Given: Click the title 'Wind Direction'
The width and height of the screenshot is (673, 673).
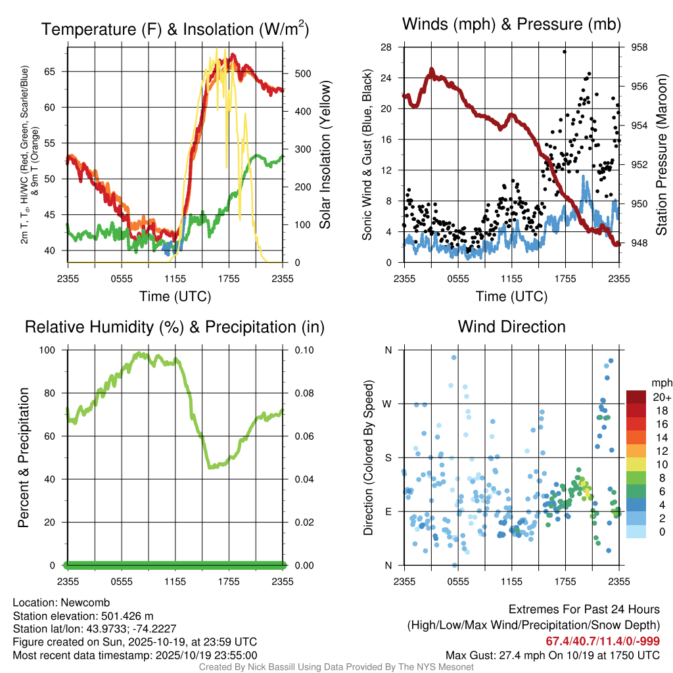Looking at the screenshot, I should coord(511,327).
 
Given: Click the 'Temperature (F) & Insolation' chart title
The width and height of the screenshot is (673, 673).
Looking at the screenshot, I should coord(175,30).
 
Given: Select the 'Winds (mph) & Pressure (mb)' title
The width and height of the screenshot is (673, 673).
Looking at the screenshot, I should coord(511,24).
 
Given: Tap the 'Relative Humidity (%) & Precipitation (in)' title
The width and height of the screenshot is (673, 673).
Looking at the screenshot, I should coord(175,327).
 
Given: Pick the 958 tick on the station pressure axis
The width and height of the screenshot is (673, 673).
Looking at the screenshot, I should coord(639,47).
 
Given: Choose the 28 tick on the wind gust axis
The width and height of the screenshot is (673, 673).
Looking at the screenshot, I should coord(386,47).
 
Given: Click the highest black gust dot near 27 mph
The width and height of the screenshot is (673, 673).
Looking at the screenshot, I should coord(565,51).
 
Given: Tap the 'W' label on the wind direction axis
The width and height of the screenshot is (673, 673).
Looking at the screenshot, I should coord(388,404).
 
